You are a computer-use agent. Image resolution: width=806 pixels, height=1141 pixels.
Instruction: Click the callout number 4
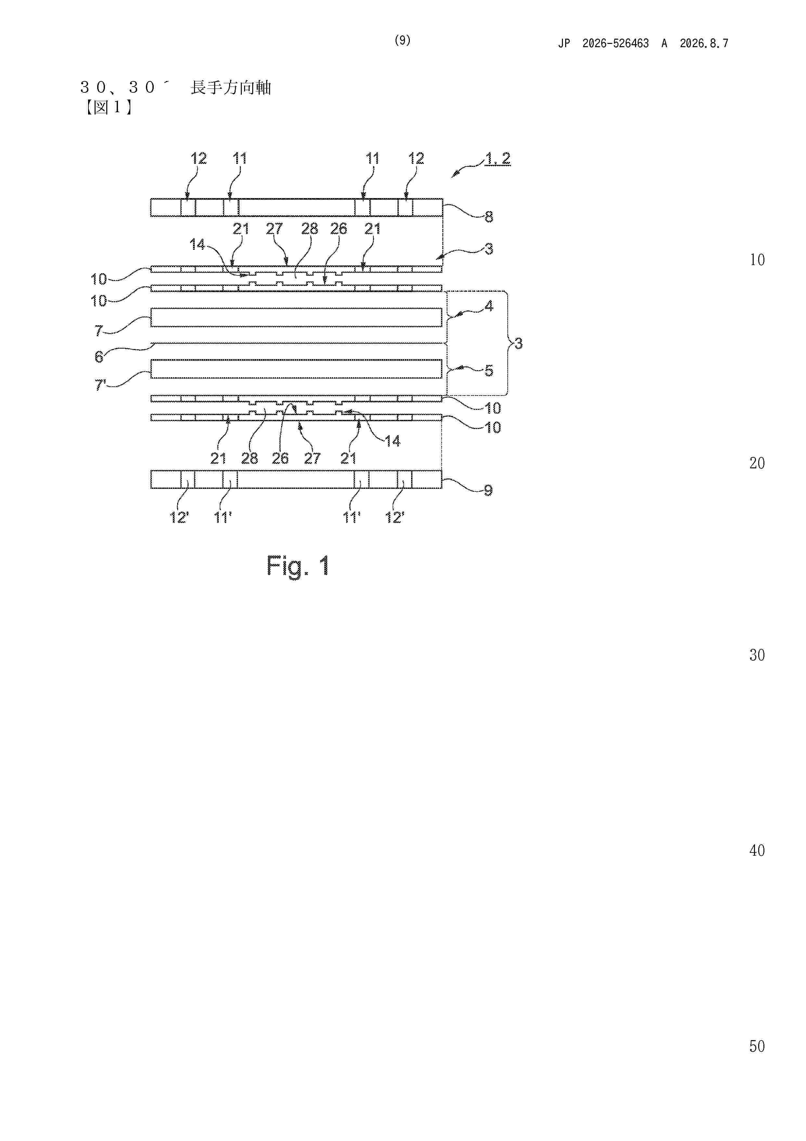coord(489,306)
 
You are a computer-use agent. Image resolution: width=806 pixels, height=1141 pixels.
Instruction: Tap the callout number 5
coord(489,371)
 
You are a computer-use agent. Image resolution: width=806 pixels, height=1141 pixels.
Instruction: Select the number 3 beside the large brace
coord(518,343)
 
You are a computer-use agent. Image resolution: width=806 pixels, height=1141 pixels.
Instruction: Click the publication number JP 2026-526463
coord(604,44)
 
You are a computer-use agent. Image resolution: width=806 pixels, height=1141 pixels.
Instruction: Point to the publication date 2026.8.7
coord(704,44)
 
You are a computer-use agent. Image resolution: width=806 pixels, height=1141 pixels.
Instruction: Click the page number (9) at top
coord(402,40)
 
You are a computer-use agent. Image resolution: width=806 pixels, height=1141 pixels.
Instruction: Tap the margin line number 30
coord(757,655)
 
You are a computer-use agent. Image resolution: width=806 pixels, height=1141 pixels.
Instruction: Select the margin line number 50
coord(757,1046)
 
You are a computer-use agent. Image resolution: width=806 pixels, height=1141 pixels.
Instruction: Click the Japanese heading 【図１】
coord(107,107)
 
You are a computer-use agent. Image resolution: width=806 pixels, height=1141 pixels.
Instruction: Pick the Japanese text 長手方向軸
coord(231,88)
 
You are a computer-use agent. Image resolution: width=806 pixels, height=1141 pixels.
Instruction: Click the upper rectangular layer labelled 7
coord(296,317)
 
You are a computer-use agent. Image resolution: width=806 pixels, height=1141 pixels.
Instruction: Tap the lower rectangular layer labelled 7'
coord(296,369)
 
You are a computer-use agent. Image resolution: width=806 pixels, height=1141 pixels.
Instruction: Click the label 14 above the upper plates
coord(197,245)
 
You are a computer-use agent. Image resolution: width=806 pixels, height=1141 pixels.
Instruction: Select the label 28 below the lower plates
coord(249,458)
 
